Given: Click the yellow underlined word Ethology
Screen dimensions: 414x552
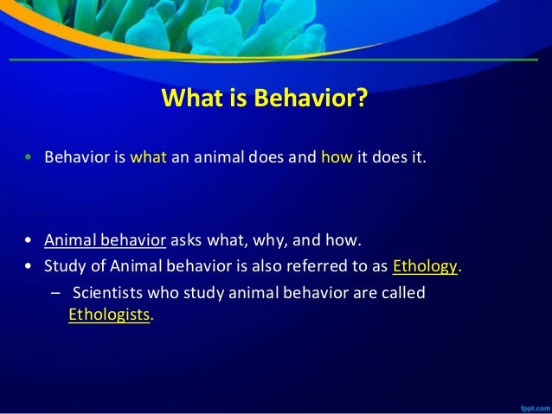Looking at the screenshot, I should tap(425, 265).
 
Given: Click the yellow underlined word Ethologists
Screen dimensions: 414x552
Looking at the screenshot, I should tap(109, 315).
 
